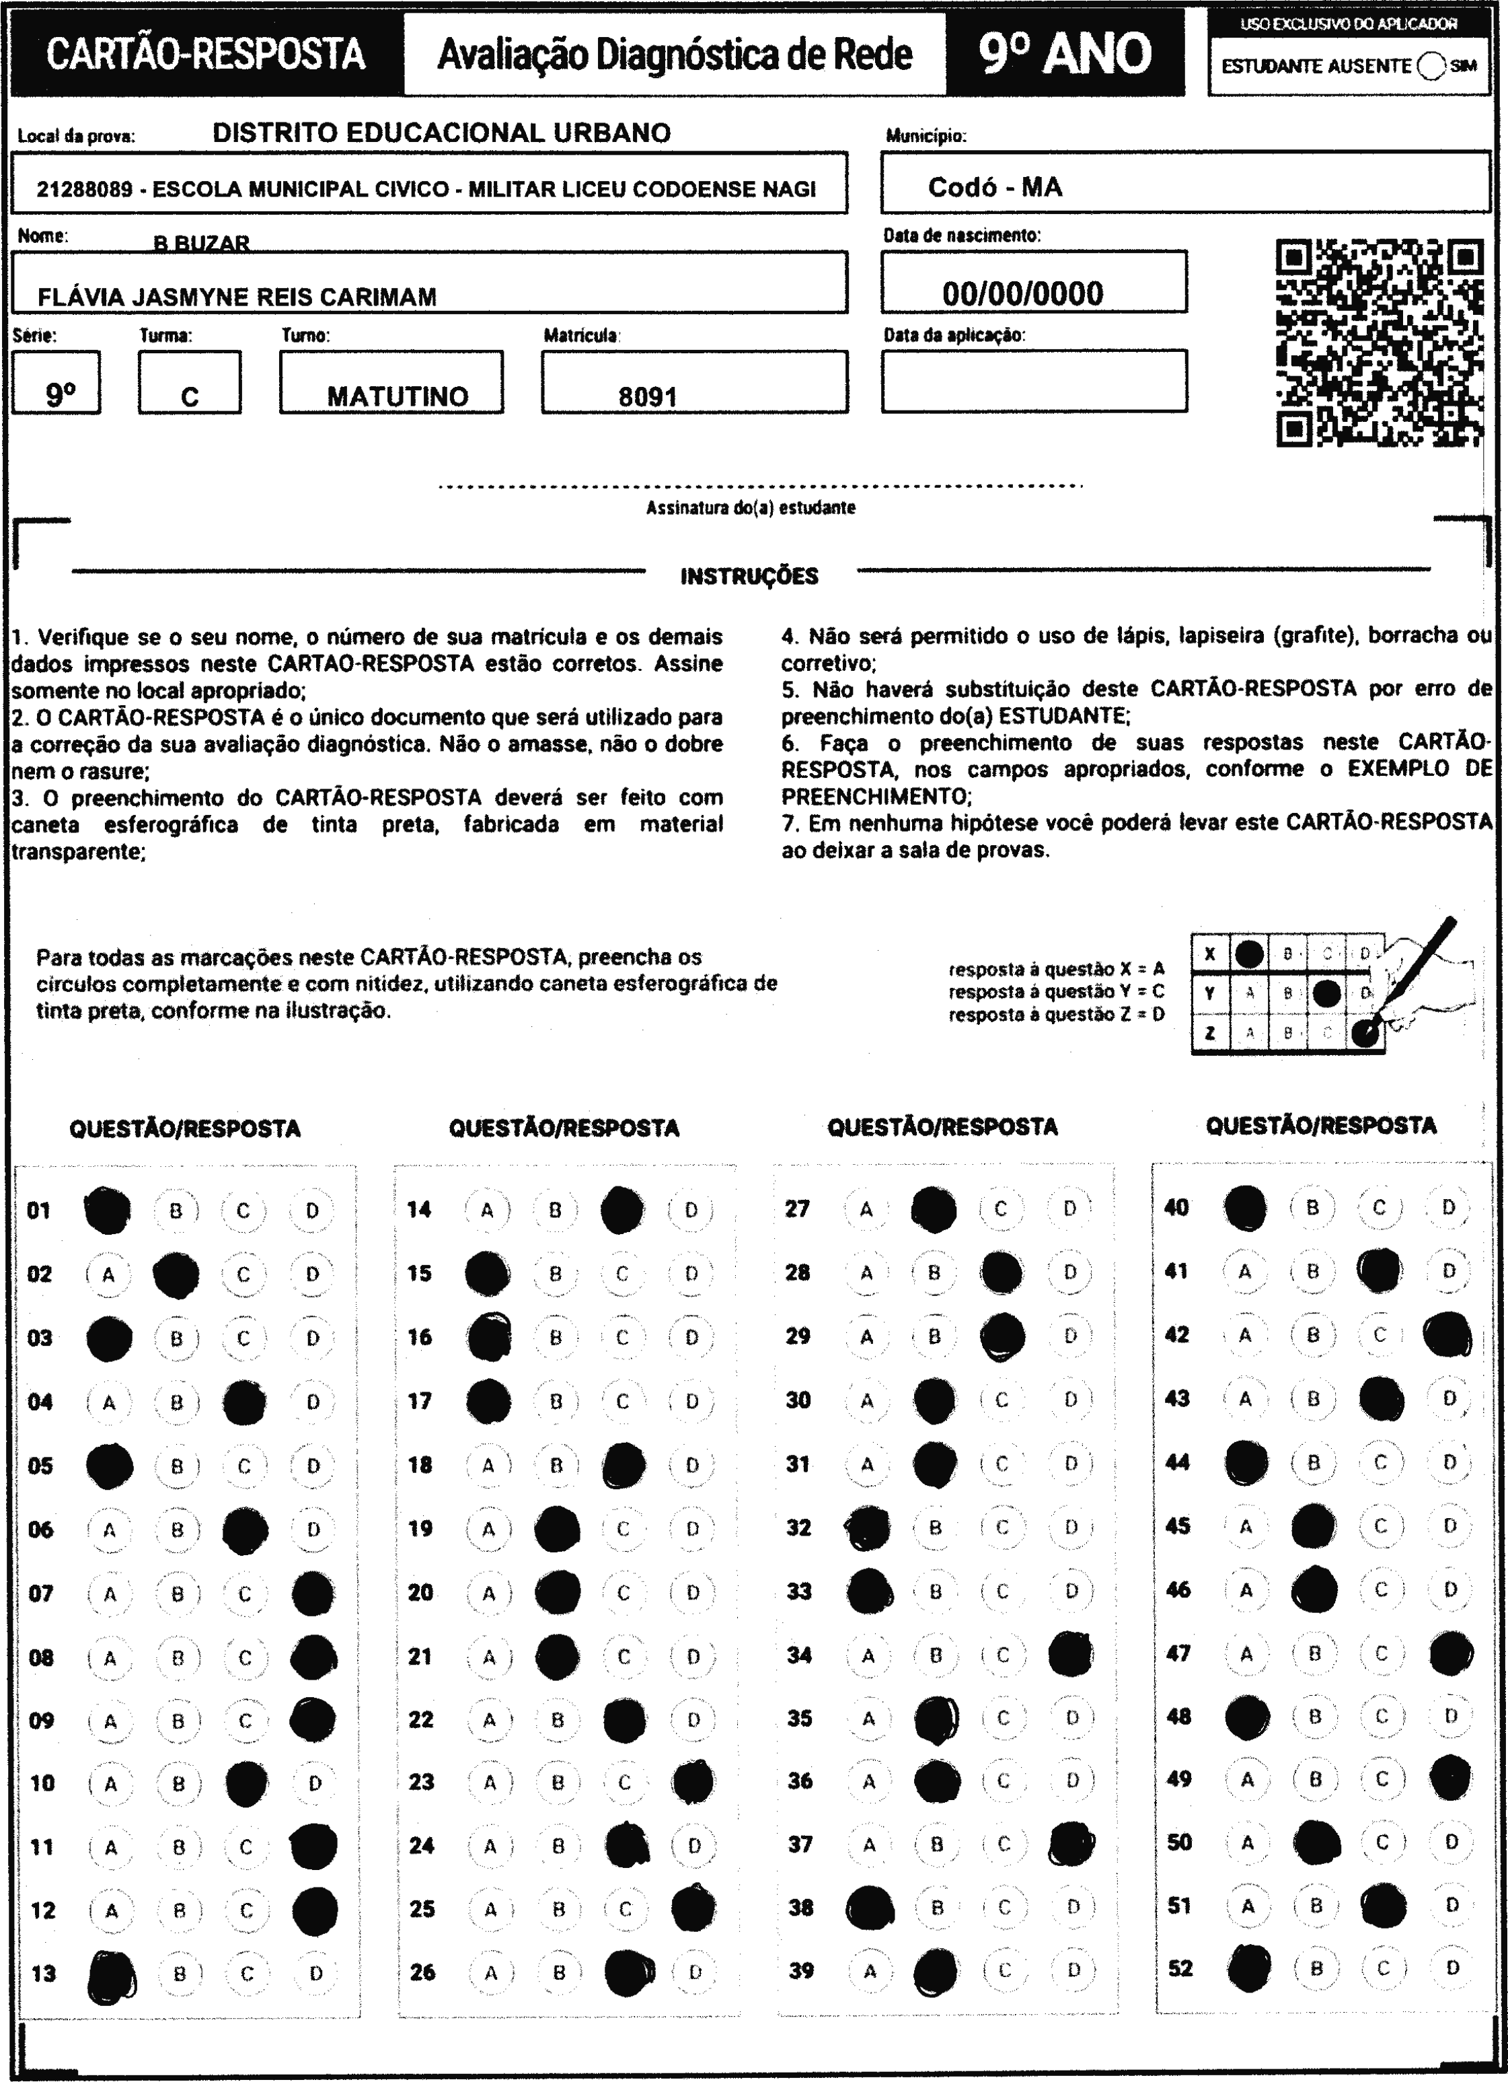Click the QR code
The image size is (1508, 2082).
point(1380,343)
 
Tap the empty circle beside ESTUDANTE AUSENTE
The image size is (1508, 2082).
point(1431,66)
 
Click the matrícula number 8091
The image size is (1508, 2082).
point(648,396)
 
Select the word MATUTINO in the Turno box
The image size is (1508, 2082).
point(398,396)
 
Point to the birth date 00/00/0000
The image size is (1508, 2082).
point(1022,294)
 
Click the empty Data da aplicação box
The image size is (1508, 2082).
point(1034,381)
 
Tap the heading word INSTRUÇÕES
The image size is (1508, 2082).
point(749,577)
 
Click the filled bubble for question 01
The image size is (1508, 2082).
point(108,1210)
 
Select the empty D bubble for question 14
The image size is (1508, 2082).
point(691,1210)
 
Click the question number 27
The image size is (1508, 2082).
point(798,1208)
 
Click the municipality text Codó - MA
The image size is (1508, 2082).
point(995,187)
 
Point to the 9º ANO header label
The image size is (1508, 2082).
point(1065,54)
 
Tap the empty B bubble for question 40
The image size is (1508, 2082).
point(1312,1208)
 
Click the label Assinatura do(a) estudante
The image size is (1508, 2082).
point(751,507)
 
